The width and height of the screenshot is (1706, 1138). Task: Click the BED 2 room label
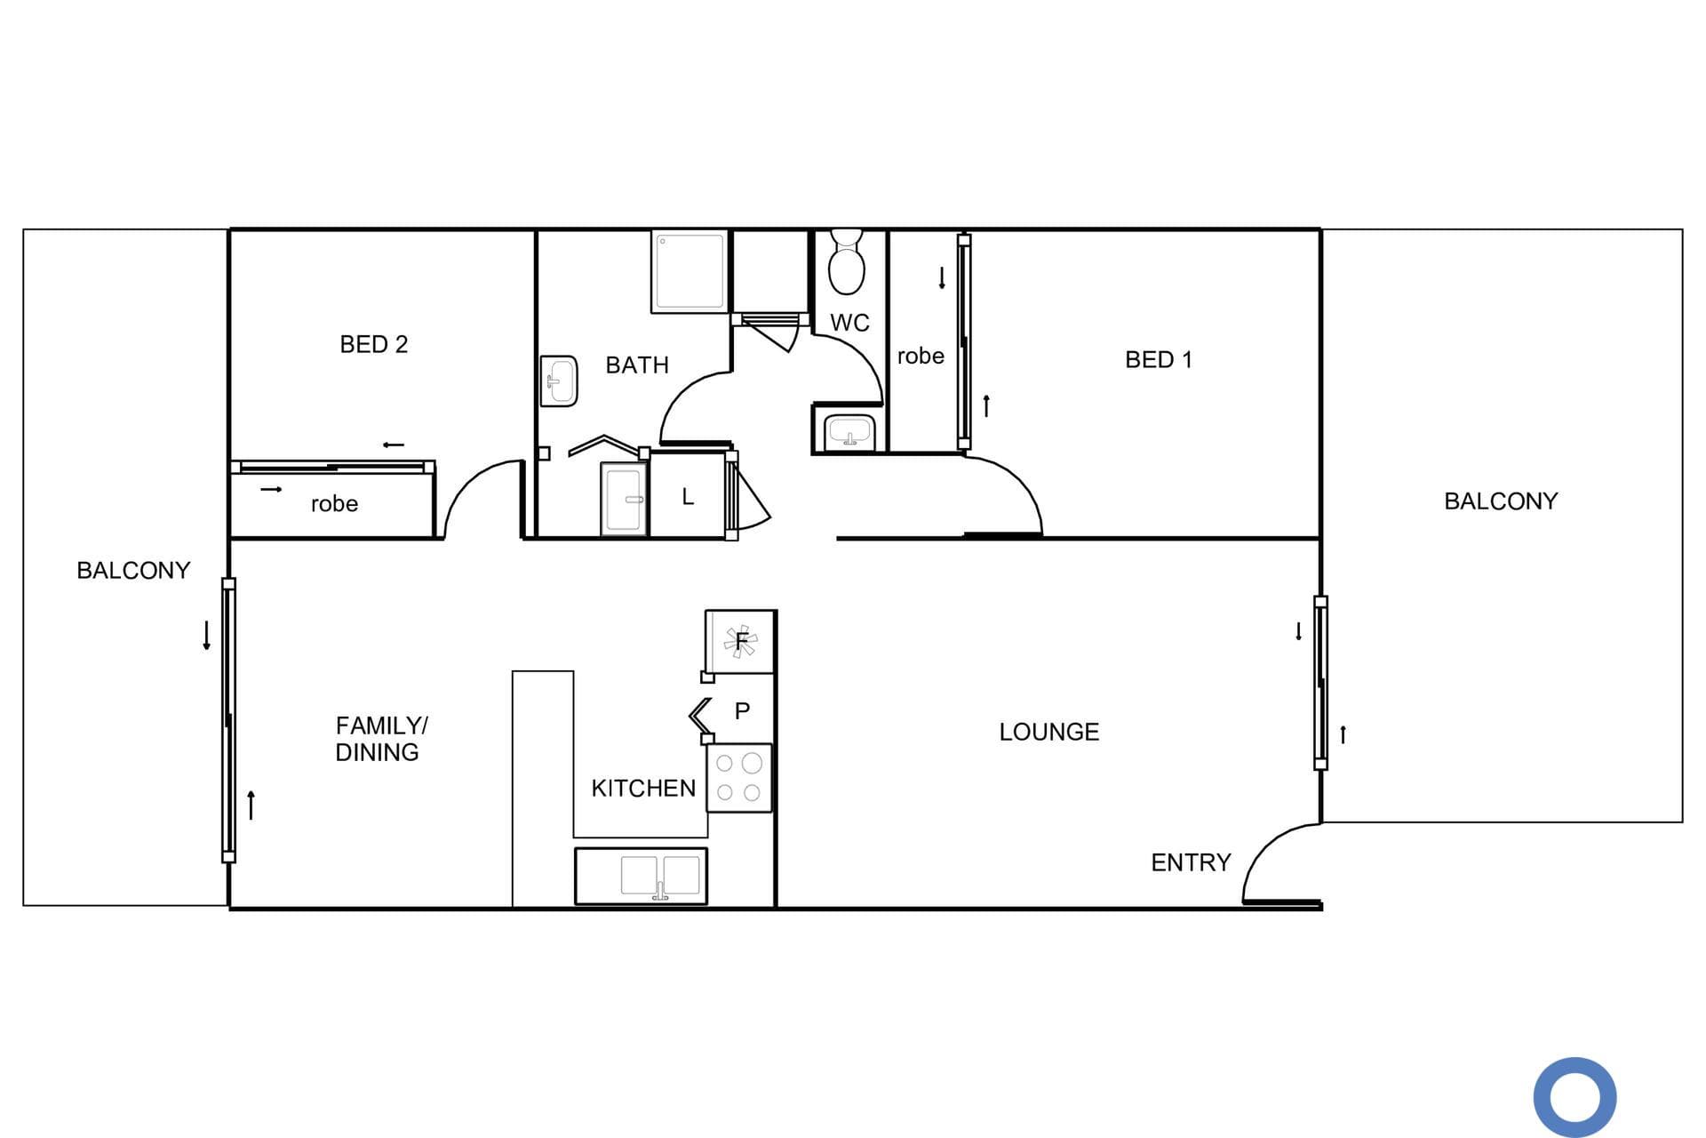click(x=374, y=345)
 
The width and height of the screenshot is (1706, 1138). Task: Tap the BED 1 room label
click(x=1159, y=360)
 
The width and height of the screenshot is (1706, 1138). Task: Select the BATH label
click(x=637, y=365)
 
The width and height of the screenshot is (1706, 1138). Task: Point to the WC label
click(x=849, y=324)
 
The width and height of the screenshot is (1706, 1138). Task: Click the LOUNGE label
click(x=1049, y=733)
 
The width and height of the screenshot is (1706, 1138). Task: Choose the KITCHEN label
click(x=643, y=789)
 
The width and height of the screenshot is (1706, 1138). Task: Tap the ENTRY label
click(x=1191, y=862)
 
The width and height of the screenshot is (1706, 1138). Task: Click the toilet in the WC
click(x=846, y=261)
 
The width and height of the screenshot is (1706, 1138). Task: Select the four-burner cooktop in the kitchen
click(x=739, y=778)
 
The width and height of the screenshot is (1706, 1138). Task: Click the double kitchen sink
click(x=641, y=877)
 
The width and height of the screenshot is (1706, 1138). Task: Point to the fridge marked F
click(x=740, y=642)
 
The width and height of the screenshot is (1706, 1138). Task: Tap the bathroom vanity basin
click(x=559, y=381)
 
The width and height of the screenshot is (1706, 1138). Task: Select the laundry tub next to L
click(x=624, y=499)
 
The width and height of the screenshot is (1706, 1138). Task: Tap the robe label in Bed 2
click(x=334, y=504)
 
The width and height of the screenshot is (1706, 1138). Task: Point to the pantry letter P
click(x=742, y=711)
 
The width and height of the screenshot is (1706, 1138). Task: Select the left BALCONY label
click(x=133, y=571)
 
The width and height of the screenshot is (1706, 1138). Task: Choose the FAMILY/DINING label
click(x=381, y=739)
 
